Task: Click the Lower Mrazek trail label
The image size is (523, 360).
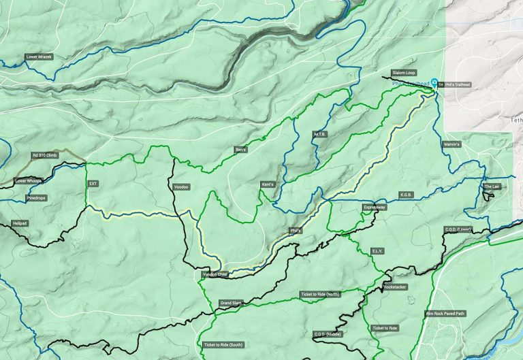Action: point(39,57)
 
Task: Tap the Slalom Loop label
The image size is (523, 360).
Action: point(404,72)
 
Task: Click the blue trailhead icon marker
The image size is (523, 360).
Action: point(434,82)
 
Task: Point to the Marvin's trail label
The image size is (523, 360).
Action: point(451,144)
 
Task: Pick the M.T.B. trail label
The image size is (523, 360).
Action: point(320,134)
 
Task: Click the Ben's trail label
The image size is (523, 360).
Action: point(240,149)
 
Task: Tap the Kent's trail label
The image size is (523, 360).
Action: point(268,184)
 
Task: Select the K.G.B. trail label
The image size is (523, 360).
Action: point(407,194)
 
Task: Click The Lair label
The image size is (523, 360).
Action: point(492,186)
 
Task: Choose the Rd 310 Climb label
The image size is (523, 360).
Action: point(46,156)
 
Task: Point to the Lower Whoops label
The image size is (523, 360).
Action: point(29,181)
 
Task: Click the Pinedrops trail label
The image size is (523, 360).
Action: point(36,199)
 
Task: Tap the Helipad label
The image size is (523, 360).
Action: point(21,223)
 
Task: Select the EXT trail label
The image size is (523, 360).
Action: point(93,184)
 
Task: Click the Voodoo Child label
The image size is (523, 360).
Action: point(215,275)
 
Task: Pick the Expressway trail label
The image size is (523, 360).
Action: point(375,207)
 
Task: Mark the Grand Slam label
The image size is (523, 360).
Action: point(231,303)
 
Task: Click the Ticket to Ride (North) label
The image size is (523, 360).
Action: point(319,295)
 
